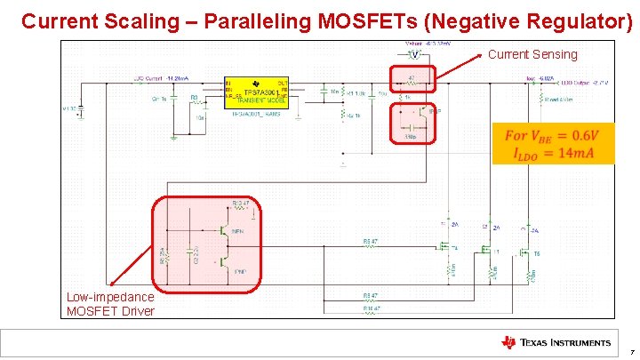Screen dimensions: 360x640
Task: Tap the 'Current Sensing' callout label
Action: [x=532, y=55]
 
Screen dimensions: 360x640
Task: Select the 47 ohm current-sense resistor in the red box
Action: [x=412, y=80]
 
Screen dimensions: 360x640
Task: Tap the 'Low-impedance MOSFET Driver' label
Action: [x=110, y=304]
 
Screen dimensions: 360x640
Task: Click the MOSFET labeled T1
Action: [x=488, y=253]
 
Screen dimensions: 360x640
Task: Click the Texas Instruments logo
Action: [x=556, y=342]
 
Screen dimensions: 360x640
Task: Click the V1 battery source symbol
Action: [x=81, y=110]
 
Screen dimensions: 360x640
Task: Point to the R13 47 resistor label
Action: [x=240, y=204]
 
